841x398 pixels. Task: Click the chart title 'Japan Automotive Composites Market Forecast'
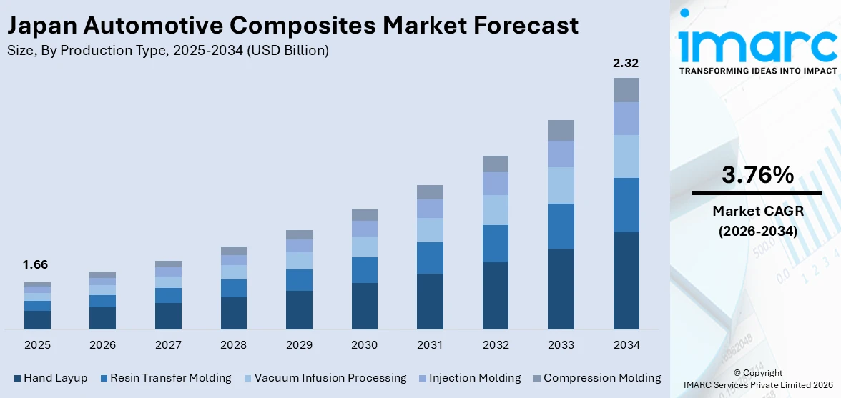pos(292,26)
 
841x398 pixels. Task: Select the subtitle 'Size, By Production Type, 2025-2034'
pos(167,51)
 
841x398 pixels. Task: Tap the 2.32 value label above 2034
pos(626,63)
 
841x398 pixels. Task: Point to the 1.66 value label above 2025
pos(36,264)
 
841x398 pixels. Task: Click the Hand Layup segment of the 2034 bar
pos(626,280)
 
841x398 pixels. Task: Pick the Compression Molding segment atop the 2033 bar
pos(561,130)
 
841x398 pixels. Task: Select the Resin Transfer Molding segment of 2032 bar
pos(495,244)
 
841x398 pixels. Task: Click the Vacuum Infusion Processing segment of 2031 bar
pos(430,230)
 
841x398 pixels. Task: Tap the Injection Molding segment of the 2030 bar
pos(364,229)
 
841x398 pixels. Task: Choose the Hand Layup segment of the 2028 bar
pos(233,313)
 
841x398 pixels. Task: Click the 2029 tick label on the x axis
pos(299,345)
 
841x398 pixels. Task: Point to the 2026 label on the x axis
pos(102,345)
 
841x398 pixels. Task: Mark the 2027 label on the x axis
pos(168,345)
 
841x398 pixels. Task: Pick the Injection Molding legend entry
pos(468,378)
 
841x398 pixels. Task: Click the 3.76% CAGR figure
pos(757,175)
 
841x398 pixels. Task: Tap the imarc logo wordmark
pos(757,45)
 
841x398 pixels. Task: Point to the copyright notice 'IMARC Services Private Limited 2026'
pos(758,385)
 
